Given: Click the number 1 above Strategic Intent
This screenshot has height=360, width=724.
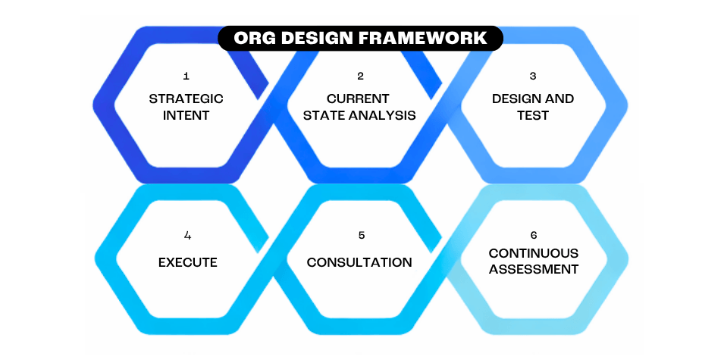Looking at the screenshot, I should (x=186, y=77).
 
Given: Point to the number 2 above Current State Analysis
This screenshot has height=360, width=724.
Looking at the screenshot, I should (x=361, y=77).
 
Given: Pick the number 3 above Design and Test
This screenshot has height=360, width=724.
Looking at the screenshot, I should (x=533, y=77).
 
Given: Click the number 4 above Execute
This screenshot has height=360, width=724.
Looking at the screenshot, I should (x=187, y=235).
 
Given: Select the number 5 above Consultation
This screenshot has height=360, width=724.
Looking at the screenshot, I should (x=361, y=235).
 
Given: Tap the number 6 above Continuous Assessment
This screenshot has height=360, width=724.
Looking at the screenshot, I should (x=534, y=235).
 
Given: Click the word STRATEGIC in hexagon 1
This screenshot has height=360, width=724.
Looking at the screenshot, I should (x=186, y=99).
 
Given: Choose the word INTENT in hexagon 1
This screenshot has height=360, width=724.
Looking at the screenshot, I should (x=186, y=116).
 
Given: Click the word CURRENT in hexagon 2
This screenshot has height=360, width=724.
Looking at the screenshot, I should (x=358, y=99).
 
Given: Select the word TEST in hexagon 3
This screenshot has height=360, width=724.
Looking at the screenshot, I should (x=533, y=116).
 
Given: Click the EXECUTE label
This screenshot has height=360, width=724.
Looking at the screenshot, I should (x=187, y=262).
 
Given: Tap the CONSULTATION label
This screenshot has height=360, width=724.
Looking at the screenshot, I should (x=359, y=262).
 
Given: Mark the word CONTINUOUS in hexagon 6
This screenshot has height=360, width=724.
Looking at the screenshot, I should (x=533, y=253).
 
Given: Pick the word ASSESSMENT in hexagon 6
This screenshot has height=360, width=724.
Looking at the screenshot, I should (x=533, y=269).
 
